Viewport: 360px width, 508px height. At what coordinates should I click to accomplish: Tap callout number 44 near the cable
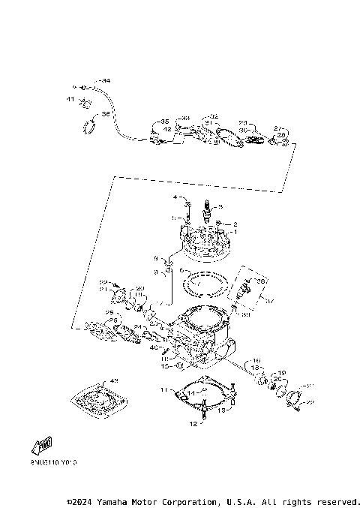click(x=106, y=80)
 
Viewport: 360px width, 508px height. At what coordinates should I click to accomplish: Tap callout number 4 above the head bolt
click(x=176, y=198)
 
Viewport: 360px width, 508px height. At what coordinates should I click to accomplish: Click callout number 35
click(x=165, y=121)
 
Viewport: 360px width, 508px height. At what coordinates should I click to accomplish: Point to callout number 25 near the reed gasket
click(x=109, y=313)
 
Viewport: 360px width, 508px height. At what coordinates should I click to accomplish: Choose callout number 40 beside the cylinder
click(x=154, y=348)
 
